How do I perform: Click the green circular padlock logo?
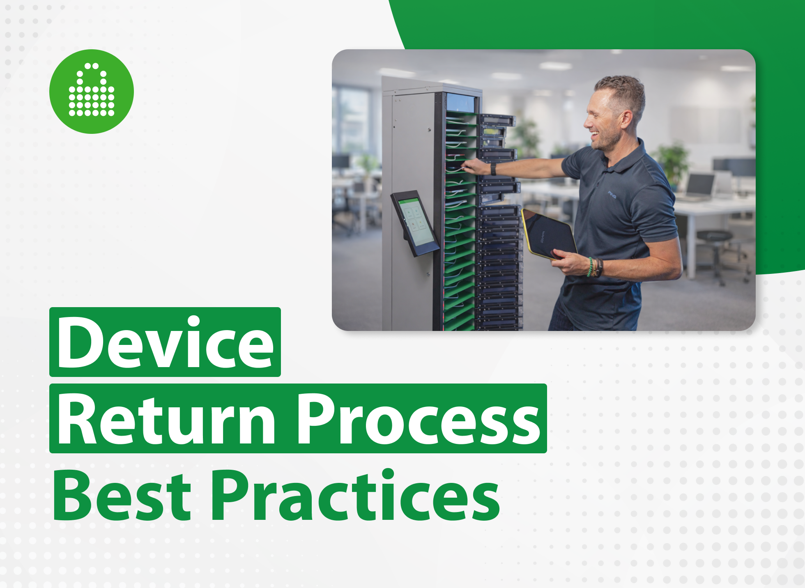[x=92, y=92]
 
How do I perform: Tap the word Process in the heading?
[x=419, y=419]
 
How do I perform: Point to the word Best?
[x=122, y=495]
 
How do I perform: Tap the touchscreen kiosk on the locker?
[x=415, y=223]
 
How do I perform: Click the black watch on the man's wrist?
[x=493, y=169]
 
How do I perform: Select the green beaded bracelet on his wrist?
[x=590, y=266]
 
